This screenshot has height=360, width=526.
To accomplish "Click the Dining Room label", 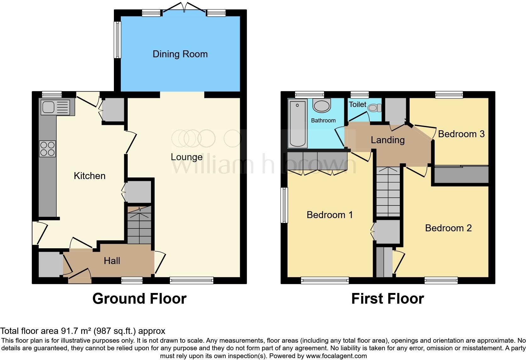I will (180, 54).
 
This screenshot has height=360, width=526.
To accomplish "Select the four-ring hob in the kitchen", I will (48, 149).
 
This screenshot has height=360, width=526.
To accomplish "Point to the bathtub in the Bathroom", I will (297, 123).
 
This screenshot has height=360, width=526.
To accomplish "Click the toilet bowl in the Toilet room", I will (374, 108).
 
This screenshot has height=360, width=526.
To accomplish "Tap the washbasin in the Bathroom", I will (322, 106).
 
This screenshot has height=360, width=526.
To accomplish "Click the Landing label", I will (388, 140).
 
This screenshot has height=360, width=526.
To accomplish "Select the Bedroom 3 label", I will (461, 134).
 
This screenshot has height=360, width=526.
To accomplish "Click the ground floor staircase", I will (139, 225).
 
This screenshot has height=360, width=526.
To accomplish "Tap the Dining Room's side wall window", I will (117, 40).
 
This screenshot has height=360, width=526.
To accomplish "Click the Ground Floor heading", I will (139, 298).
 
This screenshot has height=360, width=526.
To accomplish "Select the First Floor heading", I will (387, 298).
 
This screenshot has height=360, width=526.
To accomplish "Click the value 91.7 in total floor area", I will (68, 331).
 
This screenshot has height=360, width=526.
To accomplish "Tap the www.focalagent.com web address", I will (336, 356).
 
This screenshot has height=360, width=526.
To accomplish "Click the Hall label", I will (112, 261).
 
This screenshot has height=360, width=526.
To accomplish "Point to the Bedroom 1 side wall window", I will (284, 205).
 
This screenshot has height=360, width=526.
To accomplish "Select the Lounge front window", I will (192, 280).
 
